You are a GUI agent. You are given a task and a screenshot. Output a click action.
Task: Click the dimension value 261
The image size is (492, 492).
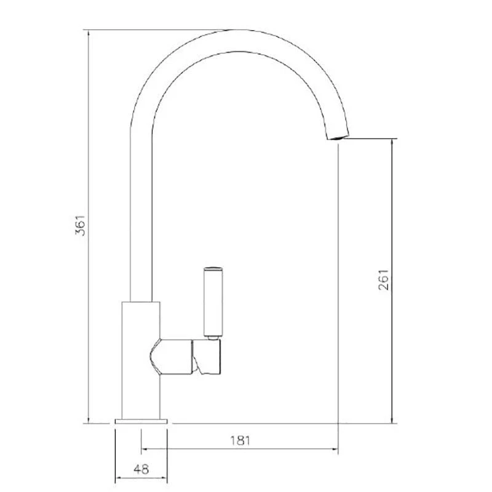click(x=383, y=280)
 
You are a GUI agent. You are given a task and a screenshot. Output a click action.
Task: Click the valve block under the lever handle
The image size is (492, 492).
click(x=207, y=357)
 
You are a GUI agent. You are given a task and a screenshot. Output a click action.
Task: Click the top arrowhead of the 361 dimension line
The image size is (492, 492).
click(x=89, y=33)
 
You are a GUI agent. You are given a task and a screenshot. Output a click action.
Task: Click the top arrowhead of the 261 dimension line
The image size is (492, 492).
click(x=391, y=142)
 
